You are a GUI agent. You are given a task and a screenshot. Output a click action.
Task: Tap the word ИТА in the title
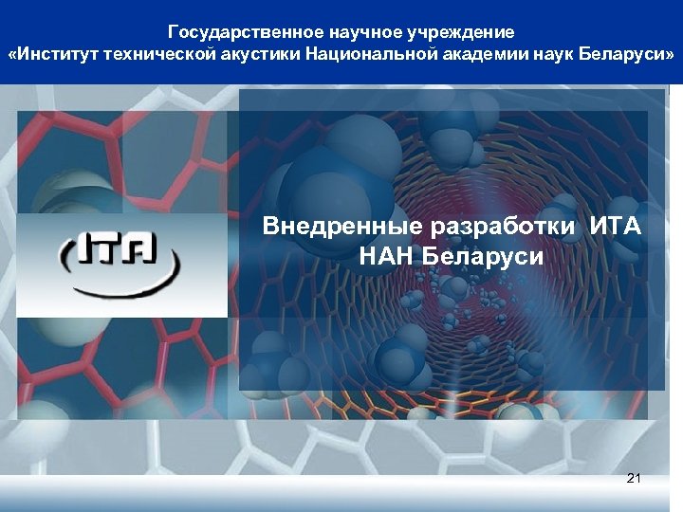(x=616, y=228)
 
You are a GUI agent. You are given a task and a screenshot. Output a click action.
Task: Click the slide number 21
(x=634, y=478)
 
